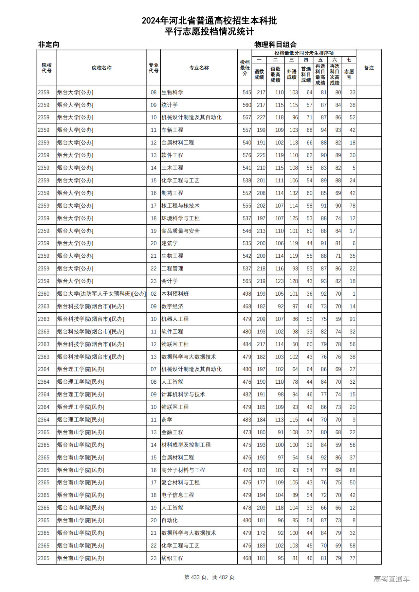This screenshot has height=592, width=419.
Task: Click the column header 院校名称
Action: [x=101, y=68]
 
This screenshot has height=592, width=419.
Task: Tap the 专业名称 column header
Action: [x=199, y=68]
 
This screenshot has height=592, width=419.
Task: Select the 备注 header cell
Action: [x=369, y=68]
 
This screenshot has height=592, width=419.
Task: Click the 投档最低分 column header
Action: [x=245, y=68]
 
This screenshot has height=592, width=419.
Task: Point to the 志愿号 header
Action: [x=349, y=74]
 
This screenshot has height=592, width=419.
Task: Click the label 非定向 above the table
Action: [x=49, y=44]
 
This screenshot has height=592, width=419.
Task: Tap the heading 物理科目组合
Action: [x=275, y=44]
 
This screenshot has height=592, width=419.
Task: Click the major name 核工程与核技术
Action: [x=180, y=206]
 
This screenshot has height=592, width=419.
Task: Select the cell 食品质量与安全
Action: [x=180, y=231]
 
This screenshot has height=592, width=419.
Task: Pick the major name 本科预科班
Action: [x=175, y=294]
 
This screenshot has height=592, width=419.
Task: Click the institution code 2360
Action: [x=44, y=294]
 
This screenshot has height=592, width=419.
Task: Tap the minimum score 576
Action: [x=247, y=155]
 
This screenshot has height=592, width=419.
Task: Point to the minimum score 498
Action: [x=247, y=294]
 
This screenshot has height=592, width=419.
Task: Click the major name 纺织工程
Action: [x=172, y=558]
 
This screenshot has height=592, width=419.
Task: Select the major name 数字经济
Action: [x=172, y=306]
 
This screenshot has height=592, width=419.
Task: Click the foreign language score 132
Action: [x=294, y=193]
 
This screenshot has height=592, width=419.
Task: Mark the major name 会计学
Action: [x=170, y=281]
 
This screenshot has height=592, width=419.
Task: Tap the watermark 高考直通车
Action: [x=392, y=579]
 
